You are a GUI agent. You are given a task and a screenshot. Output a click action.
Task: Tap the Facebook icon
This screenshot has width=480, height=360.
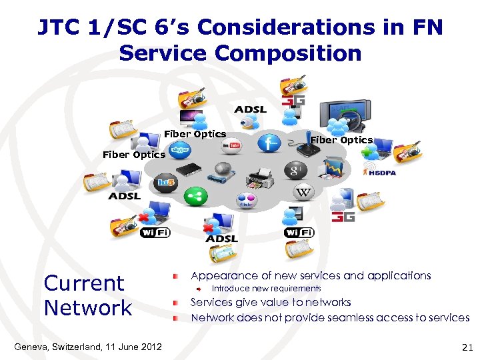[x=269, y=143]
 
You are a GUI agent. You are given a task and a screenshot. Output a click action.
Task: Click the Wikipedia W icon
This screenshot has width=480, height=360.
[x=303, y=193]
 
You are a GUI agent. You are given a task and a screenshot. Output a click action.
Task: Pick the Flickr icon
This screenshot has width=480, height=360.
[x=246, y=201]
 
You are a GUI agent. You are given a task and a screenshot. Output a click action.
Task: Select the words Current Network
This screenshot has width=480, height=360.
[x=87, y=295]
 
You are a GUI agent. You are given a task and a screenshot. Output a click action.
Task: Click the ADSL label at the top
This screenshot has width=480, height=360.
[x=250, y=109]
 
